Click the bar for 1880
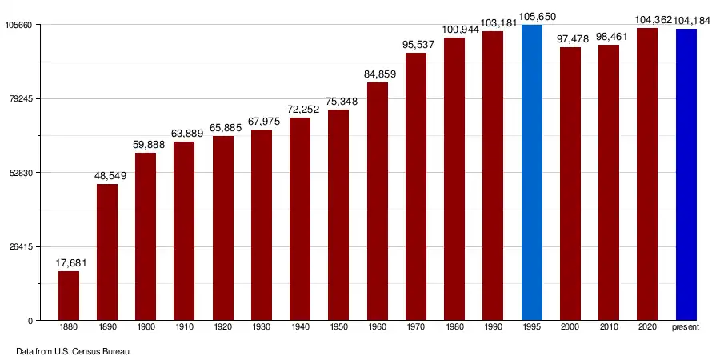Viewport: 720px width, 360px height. [x=69, y=295]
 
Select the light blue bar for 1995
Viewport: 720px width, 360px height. [x=532, y=172]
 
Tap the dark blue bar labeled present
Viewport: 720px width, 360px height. [x=686, y=174]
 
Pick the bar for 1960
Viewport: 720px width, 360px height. [x=378, y=201]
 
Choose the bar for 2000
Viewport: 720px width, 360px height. [x=570, y=183]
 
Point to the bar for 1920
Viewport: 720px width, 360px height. [x=223, y=228]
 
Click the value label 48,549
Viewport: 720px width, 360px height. [x=107, y=175]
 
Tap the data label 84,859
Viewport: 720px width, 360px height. [x=378, y=74]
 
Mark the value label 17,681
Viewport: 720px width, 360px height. [x=69, y=262]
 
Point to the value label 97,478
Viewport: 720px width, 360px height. [x=570, y=38]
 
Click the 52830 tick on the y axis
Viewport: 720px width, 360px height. [x=19, y=173]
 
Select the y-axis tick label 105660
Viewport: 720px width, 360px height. [x=17, y=26]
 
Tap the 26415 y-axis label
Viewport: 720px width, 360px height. [x=19, y=247]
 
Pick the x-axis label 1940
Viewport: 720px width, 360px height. [x=300, y=328]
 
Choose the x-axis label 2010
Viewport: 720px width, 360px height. [x=609, y=328]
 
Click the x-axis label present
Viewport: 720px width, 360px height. [x=686, y=328]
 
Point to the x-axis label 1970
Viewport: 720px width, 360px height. [x=416, y=328]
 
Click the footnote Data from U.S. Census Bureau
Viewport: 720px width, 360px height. [x=73, y=351]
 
